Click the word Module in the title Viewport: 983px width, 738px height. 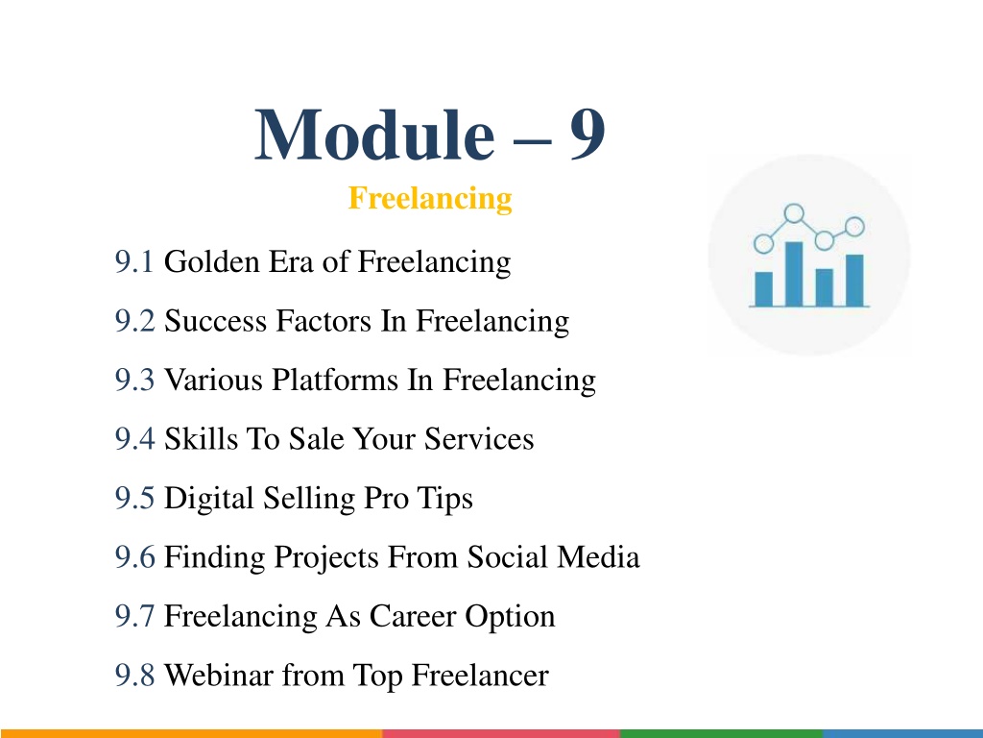click(374, 135)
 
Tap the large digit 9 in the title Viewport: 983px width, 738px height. click(587, 134)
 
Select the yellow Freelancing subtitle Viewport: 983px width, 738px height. click(430, 198)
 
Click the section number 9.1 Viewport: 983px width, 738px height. click(134, 261)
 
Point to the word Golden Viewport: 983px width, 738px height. click(212, 261)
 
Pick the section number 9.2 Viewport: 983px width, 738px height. click(134, 321)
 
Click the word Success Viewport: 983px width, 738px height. click(216, 321)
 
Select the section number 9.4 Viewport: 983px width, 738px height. click(134, 438)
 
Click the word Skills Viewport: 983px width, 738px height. click(201, 438)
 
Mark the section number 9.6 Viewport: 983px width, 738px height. click(134, 557)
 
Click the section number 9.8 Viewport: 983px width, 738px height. click(134, 676)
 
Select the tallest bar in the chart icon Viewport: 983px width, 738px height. click(794, 274)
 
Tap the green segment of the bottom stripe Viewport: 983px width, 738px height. click(721, 733)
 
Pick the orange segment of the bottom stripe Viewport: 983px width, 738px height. click(191, 733)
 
